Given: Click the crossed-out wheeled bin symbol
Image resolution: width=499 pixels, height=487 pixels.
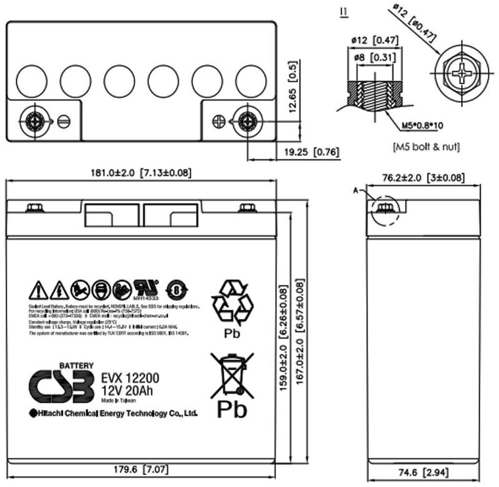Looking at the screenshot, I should coord(231,375).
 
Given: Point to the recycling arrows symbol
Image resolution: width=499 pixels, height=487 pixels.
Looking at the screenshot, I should coord(232,302).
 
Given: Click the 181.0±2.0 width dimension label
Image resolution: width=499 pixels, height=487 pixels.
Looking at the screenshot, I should coord(141,172).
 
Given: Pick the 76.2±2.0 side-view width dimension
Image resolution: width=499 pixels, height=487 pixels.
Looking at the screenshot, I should coord(423,178).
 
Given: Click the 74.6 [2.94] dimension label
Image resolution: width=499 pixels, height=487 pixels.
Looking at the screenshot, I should coord(421,472).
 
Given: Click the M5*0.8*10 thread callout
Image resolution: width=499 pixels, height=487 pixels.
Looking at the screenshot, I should coord(422,126).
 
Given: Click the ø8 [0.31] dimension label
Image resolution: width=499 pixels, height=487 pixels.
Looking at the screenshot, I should coord(375,57).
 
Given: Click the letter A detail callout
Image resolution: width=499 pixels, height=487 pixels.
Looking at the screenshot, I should coord(356,191).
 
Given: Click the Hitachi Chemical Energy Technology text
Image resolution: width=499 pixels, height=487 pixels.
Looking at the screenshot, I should coord(114,413).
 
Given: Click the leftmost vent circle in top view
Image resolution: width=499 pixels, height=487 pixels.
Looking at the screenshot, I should coord(31,80).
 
